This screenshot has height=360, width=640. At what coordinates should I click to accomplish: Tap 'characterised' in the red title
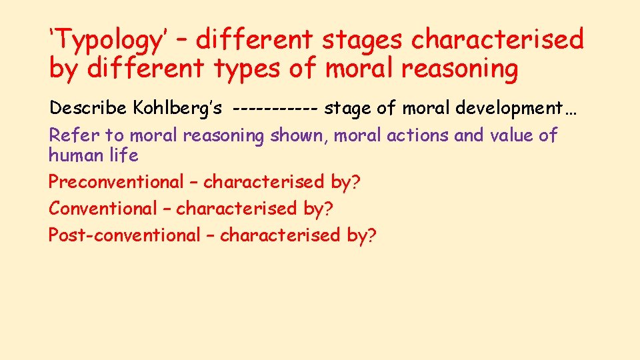point(497,41)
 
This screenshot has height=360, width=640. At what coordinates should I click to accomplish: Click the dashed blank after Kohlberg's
point(277,109)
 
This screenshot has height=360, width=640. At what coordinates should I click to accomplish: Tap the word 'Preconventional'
point(115,181)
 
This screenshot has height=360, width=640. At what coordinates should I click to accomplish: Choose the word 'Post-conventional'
point(124,235)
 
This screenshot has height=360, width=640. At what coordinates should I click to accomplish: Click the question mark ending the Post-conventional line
point(372,235)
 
